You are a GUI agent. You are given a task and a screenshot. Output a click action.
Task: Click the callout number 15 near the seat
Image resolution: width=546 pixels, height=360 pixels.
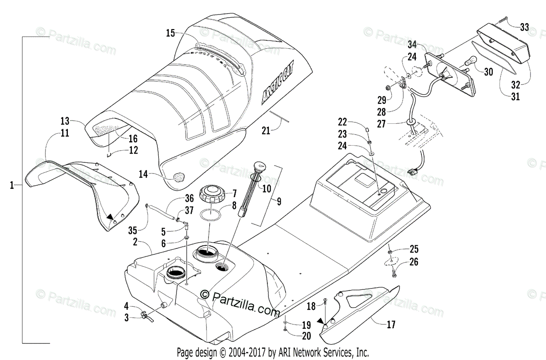coord(170,33)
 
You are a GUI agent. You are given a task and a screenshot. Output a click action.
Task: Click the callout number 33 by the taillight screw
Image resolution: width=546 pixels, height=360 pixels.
coord(524,27)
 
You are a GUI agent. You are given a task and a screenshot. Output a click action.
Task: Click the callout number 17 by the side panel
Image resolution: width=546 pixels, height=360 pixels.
coord(391,325)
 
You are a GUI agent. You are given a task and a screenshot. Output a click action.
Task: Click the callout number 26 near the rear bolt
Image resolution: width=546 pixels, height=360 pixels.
coord(414,262)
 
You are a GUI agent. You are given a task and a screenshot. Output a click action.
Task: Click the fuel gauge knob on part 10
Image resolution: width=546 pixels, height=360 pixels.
coord(261,166)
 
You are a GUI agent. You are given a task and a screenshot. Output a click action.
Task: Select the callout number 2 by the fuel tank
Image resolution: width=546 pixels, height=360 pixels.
coord(135,242)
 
